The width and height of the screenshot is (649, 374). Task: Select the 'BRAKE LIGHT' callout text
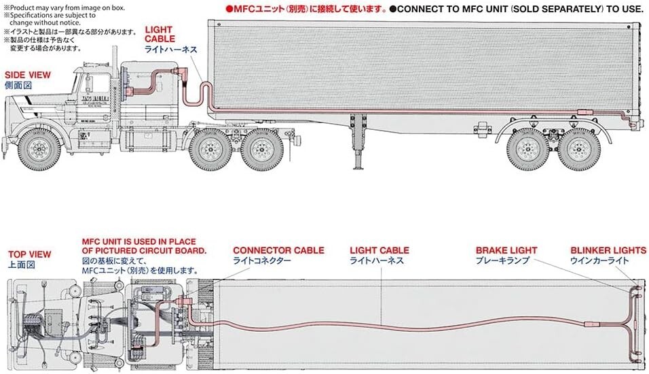click(x=506, y=250)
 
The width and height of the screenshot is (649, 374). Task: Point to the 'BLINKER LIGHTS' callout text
click(x=608, y=250)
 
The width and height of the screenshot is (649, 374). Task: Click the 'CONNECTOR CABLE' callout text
click(x=278, y=250)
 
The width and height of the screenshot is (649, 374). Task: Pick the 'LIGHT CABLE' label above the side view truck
click(x=160, y=35)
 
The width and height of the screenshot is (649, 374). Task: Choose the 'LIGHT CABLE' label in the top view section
click(x=379, y=250)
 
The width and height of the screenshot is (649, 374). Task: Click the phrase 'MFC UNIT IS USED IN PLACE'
click(x=138, y=241)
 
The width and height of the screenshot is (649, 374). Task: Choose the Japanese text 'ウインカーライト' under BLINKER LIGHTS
click(x=599, y=260)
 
